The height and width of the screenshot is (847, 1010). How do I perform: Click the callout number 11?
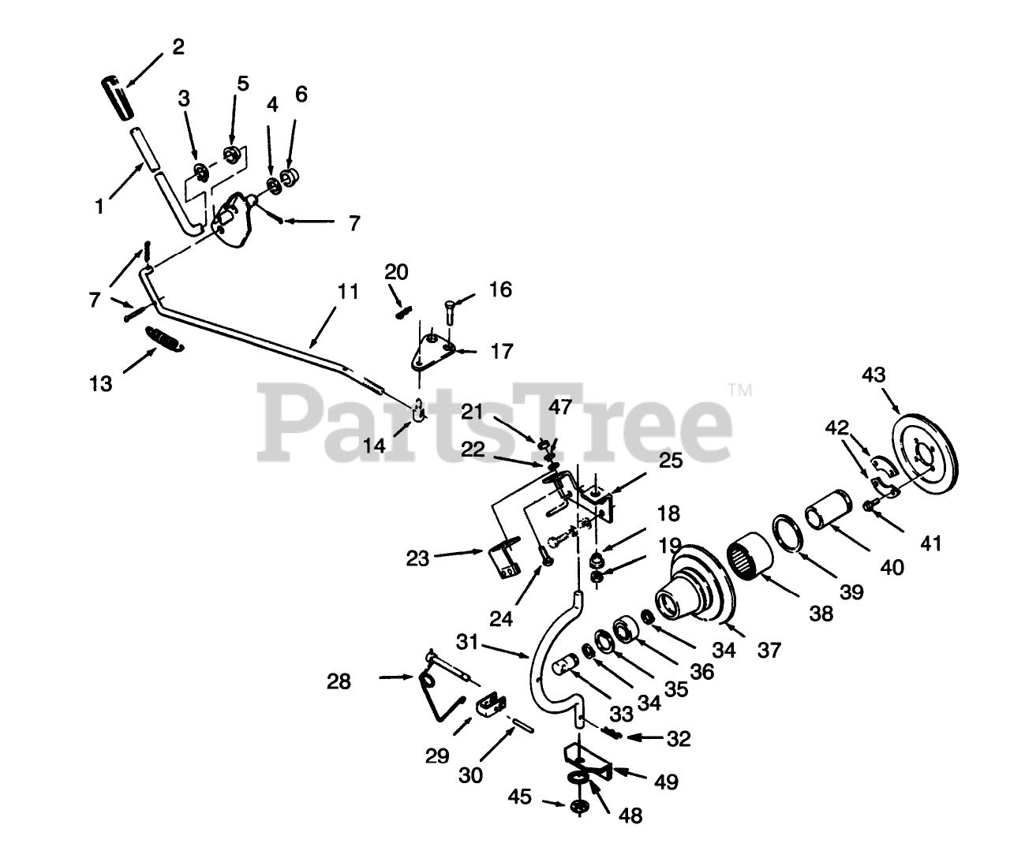pos(348,292)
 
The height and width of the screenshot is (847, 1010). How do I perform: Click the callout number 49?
pos(667,782)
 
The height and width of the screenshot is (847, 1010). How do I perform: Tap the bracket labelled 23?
pos(503,559)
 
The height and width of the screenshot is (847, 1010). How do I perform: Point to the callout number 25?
pos(670,461)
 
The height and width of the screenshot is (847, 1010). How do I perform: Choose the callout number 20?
pos(396,272)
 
